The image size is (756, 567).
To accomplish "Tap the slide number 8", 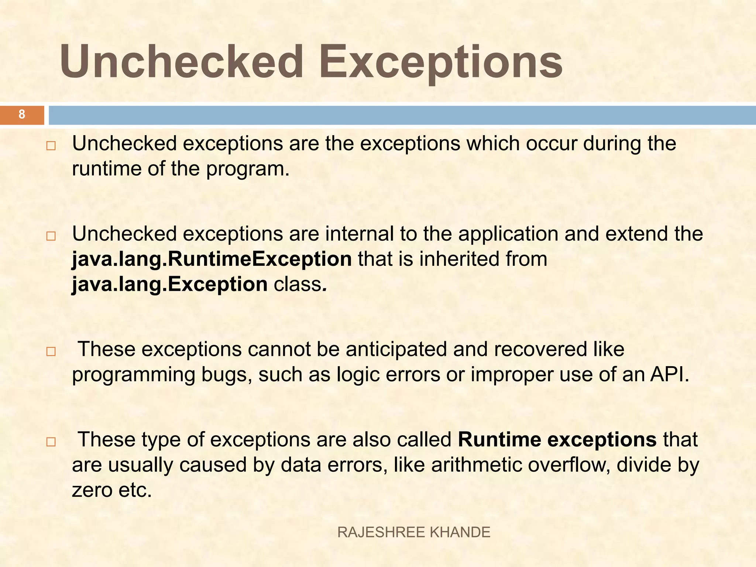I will [22, 114].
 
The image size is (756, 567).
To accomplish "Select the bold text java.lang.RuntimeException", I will [212, 259].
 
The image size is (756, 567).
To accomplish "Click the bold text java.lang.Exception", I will [170, 284].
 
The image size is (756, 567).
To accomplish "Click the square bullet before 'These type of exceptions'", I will [51, 442].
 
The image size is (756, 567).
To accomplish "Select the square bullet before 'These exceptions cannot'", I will [51, 351].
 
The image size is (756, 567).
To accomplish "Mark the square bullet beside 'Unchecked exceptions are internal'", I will [51, 236].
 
